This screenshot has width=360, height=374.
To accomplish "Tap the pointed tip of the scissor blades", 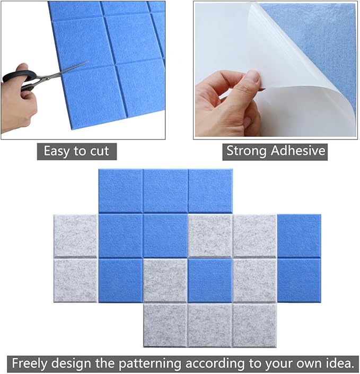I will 86,63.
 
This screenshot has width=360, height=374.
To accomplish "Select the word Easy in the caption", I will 57,151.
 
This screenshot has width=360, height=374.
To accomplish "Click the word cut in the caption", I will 98,151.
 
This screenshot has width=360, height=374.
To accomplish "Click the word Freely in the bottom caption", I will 31,363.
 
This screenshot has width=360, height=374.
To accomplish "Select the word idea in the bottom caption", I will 337,363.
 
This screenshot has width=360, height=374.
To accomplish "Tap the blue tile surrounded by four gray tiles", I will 210,280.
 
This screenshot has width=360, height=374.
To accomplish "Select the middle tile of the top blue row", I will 165,190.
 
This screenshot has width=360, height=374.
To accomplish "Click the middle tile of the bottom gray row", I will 210,325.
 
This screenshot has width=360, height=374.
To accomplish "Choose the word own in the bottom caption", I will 307,363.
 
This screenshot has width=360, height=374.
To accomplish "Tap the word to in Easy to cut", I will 80,151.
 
